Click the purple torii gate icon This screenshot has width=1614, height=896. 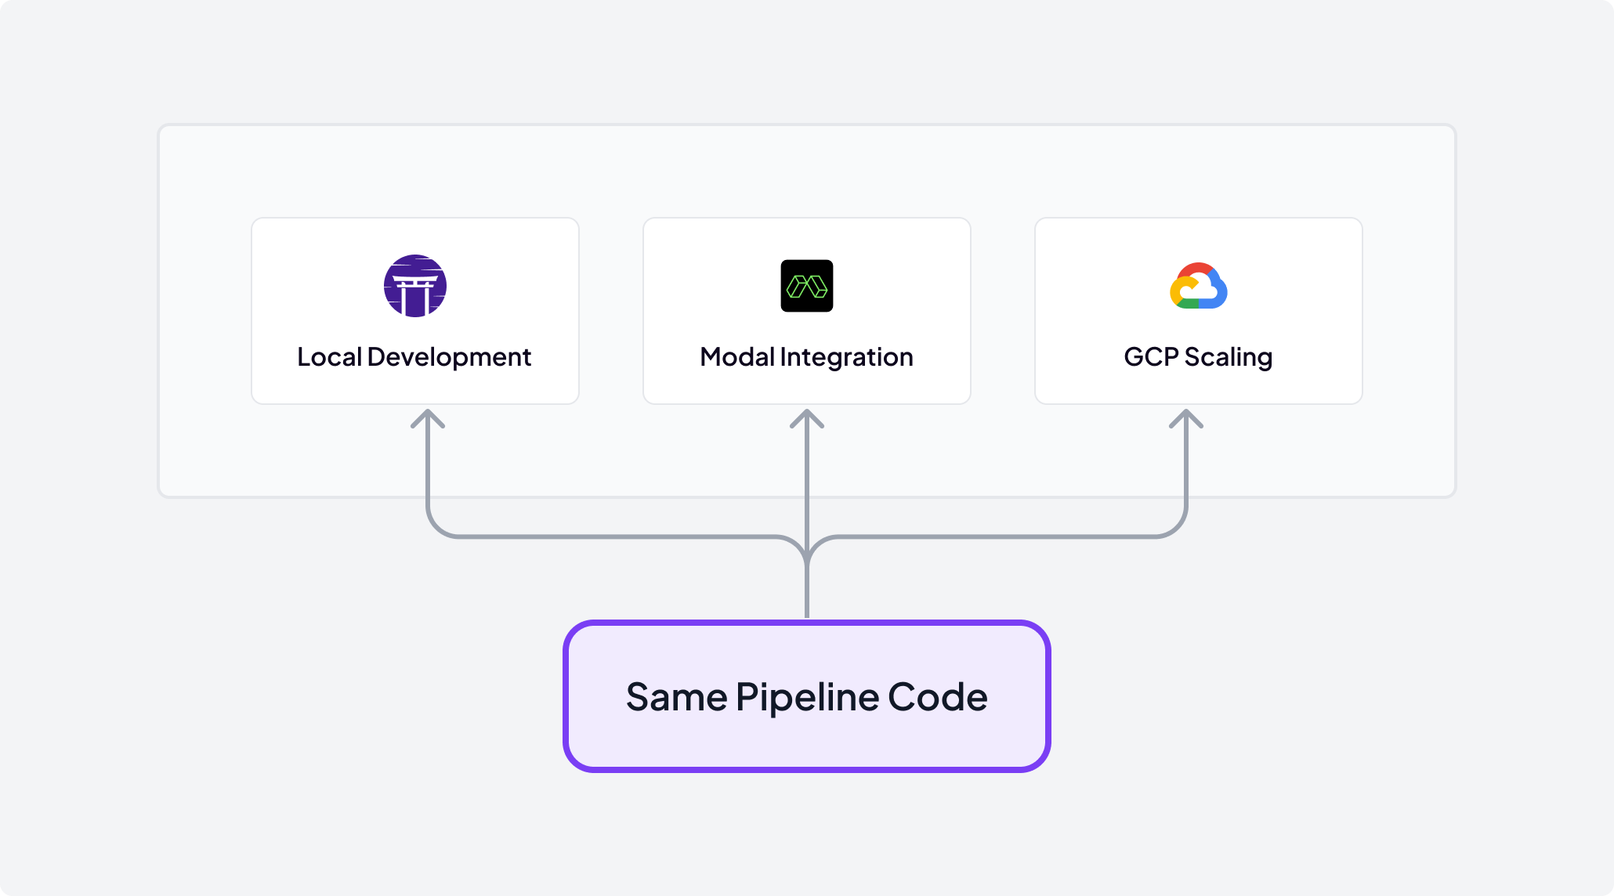pyautogui.click(x=415, y=286)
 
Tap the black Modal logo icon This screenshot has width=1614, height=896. pyautogui.click(x=807, y=286)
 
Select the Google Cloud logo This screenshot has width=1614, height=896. pyautogui.click(x=1199, y=286)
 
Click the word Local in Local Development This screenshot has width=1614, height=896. pyautogui.click(x=329, y=357)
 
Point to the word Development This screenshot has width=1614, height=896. pyautogui.click(x=449, y=357)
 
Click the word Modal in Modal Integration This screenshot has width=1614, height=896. pyautogui.click(x=737, y=357)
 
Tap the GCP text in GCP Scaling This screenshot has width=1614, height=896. pyautogui.click(x=1151, y=357)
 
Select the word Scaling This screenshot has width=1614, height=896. pyautogui.click(x=1229, y=357)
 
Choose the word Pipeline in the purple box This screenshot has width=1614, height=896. pyautogui.click(x=807, y=697)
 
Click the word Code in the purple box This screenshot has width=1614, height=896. pyautogui.click(x=938, y=697)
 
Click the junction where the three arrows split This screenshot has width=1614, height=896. pyautogui.click(x=807, y=548)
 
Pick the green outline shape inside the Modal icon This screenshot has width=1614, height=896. pyautogui.click(x=807, y=287)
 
